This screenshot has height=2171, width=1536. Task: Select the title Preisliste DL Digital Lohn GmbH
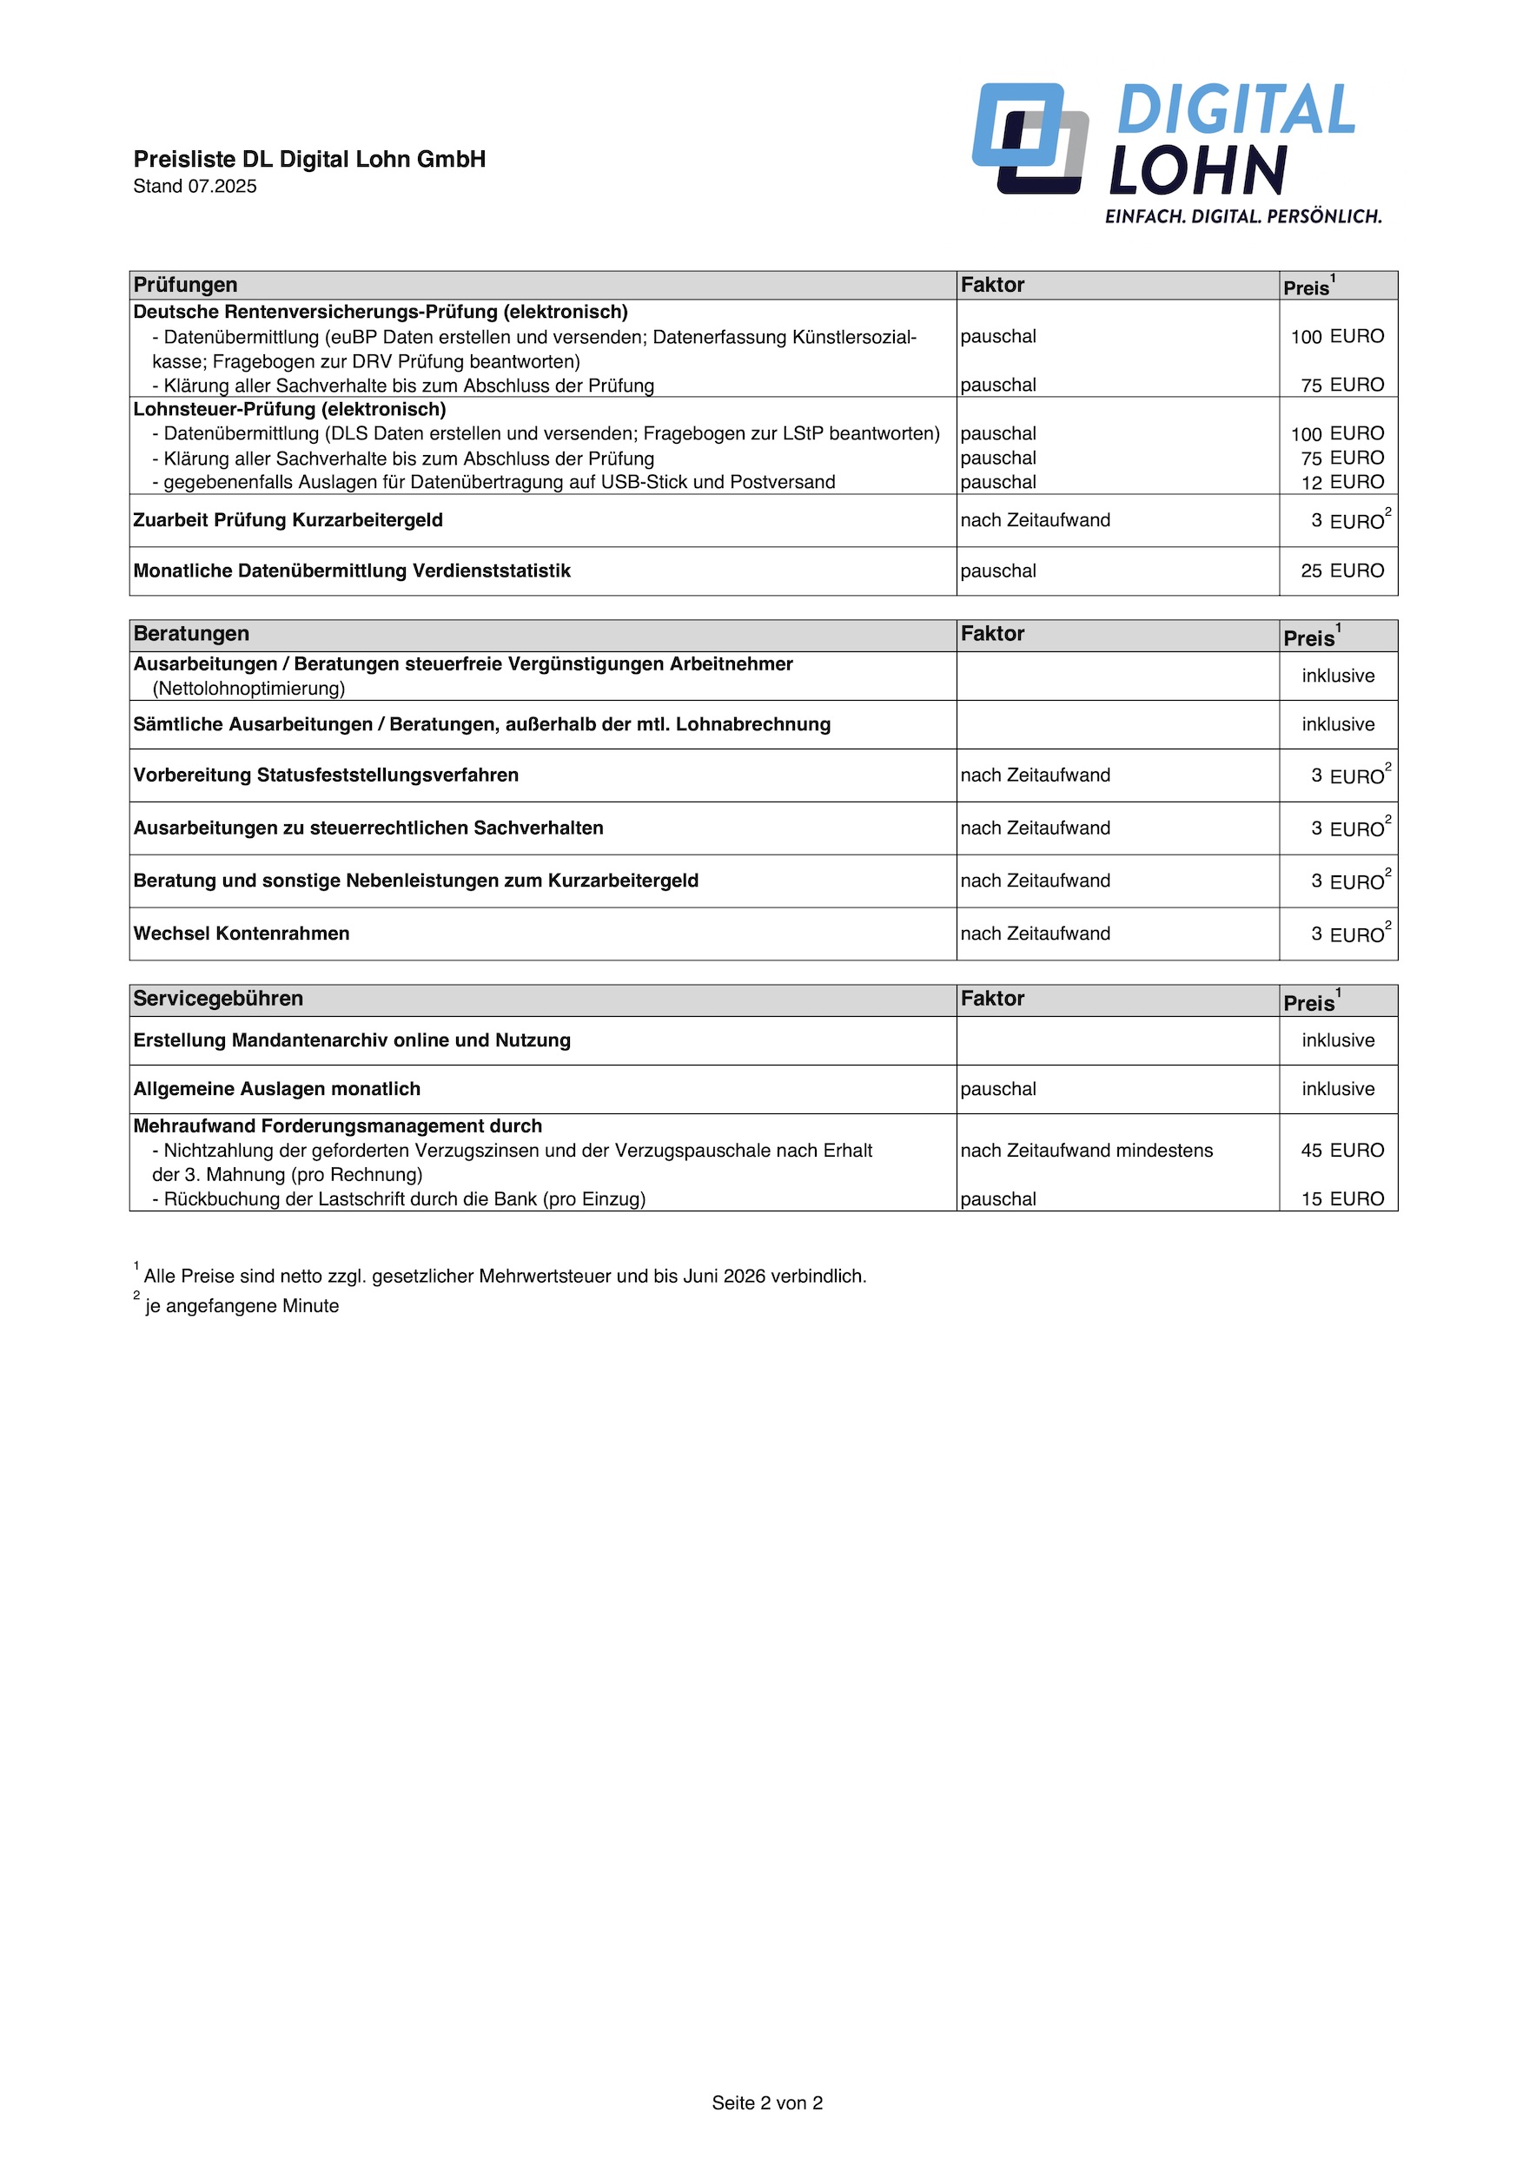pos(309,159)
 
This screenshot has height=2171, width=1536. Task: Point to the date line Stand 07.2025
pos(195,187)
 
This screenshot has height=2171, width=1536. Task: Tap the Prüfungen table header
pos(185,285)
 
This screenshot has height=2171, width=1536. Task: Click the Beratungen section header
pos(191,634)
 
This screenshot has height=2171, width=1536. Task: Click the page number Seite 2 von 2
pos(767,2103)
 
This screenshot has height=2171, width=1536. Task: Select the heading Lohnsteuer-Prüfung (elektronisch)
pos(289,409)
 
